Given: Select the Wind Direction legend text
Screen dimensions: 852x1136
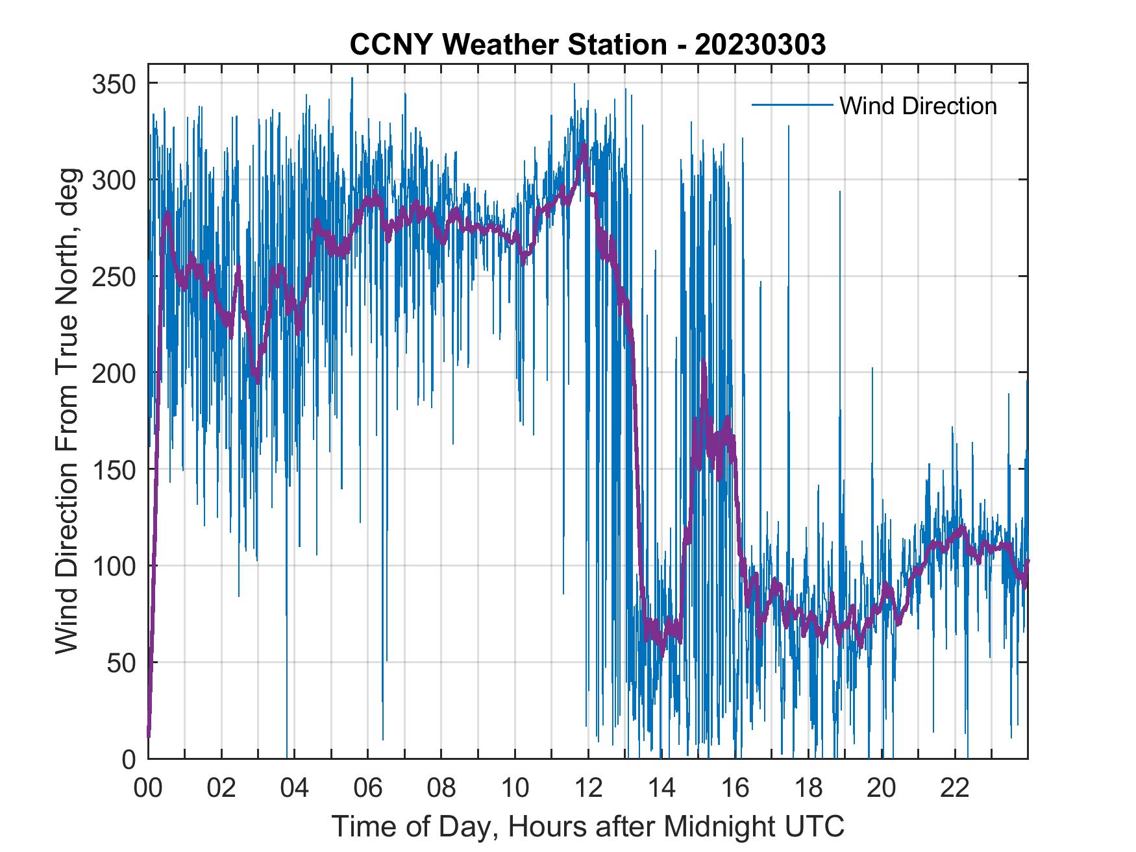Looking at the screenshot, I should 918,106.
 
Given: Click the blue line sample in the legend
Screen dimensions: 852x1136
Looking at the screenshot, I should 792,104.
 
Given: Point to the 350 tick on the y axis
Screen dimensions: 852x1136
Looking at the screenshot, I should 114,84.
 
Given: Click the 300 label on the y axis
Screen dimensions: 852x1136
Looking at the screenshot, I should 114,180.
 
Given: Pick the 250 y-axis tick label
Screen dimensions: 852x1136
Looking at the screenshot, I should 114,276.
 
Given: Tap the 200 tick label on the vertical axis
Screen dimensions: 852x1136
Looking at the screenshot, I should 114,373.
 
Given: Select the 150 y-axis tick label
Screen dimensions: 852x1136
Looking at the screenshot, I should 114,469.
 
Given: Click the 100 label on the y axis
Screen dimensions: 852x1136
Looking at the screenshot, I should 114,566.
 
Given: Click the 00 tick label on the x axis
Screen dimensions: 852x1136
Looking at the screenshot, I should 148,789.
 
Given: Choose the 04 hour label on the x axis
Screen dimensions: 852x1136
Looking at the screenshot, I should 295,789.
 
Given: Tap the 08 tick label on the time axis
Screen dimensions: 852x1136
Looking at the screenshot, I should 441,789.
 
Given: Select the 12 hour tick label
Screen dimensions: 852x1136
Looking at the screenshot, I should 588,789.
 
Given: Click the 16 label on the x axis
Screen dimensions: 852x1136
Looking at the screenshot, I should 735,789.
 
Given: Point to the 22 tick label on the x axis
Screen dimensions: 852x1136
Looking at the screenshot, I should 955,789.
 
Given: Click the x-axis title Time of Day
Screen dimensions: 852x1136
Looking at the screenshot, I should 588,826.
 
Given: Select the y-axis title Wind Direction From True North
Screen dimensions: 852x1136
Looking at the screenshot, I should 67,411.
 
